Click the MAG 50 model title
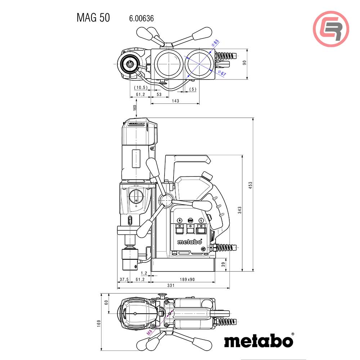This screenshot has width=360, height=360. tap(93, 18)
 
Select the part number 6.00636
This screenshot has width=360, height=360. tap(141, 18)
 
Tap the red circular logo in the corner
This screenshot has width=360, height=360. tap(331, 29)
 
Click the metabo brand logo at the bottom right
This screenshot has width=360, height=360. tap(258, 341)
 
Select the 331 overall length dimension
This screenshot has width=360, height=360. tap(171, 285)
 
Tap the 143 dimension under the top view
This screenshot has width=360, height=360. tap(175, 101)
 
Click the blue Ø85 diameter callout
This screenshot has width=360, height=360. tap(215, 43)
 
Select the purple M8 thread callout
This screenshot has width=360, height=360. tap(149, 332)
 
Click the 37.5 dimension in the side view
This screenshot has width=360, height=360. tap(124, 279)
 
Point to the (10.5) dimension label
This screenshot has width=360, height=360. tap(141, 88)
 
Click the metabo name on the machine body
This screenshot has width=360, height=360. tap(189, 242)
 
